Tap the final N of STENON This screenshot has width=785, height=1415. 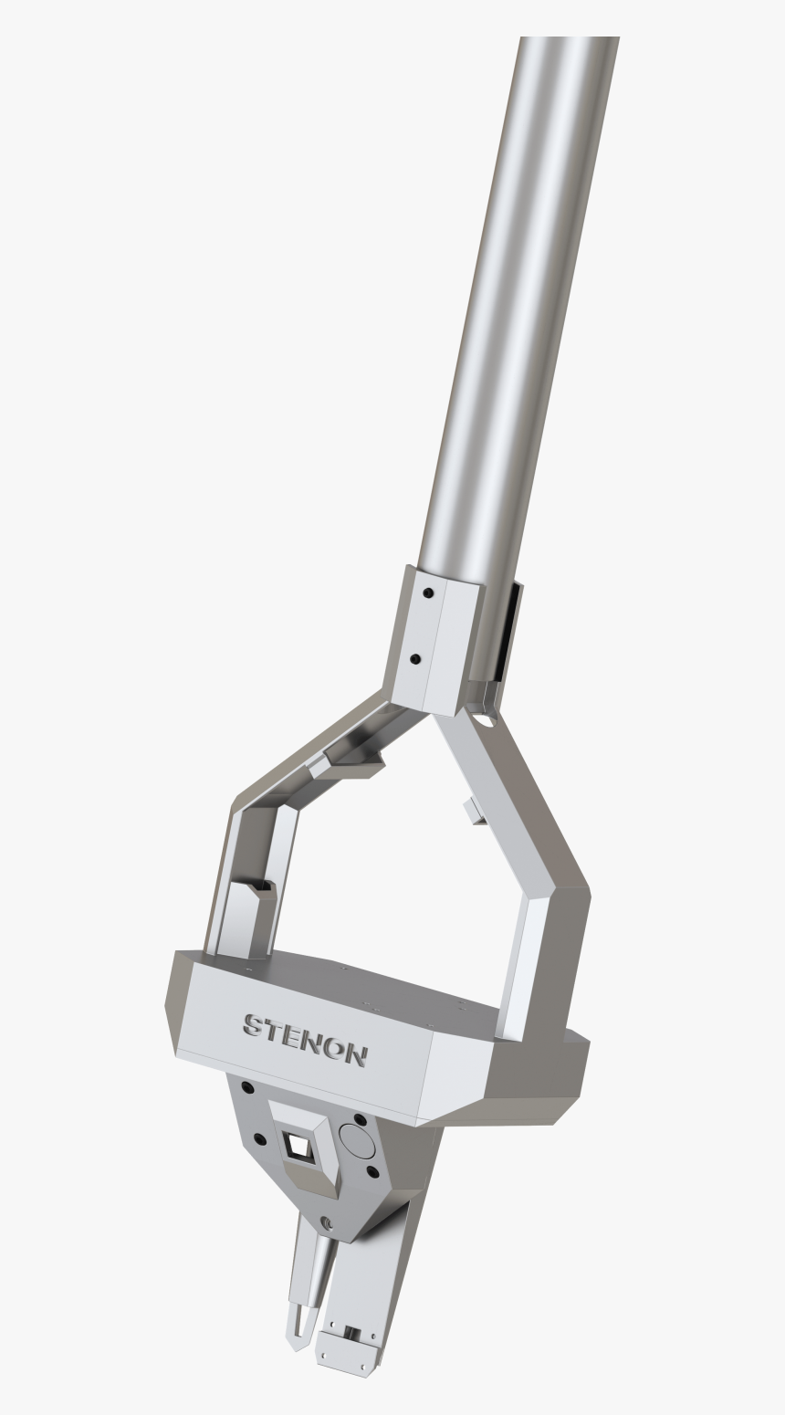click(x=354, y=1054)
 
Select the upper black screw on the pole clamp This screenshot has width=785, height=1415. click(x=428, y=592)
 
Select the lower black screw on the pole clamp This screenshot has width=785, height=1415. click(x=415, y=658)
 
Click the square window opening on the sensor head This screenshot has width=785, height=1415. click(x=298, y=1144)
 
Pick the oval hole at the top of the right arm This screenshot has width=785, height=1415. click(x=484, y=719)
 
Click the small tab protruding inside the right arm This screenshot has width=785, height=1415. click(x=473, y=811)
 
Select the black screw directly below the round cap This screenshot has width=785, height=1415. click(x=371, y=1171)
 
